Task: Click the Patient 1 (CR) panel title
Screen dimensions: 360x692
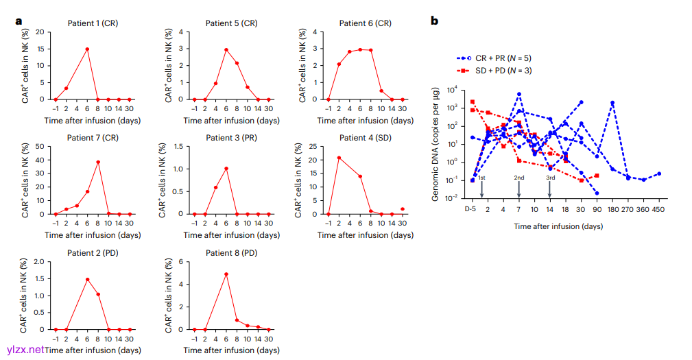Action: [x=92, y=23]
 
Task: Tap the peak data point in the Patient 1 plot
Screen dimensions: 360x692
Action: [x=87, y=49]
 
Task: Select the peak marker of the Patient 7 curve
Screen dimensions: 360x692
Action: [x=98, y=162]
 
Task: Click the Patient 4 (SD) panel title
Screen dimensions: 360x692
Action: [x=365, y=138]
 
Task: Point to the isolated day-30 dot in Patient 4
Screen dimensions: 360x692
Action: [x=403, y=208]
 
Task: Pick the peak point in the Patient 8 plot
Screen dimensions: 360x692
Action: [x=226, y=274]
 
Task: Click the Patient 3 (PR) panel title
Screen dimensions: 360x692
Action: [x=231, y=138]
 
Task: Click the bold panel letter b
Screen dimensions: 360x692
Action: [x=434, y=21]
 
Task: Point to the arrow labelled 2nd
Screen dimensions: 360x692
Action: [x=519, y=187]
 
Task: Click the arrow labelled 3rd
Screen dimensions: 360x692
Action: [x=550, y=187]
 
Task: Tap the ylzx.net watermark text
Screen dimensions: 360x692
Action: [x=25, y=350]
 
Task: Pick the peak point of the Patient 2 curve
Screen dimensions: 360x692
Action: [x=87, y=279]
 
